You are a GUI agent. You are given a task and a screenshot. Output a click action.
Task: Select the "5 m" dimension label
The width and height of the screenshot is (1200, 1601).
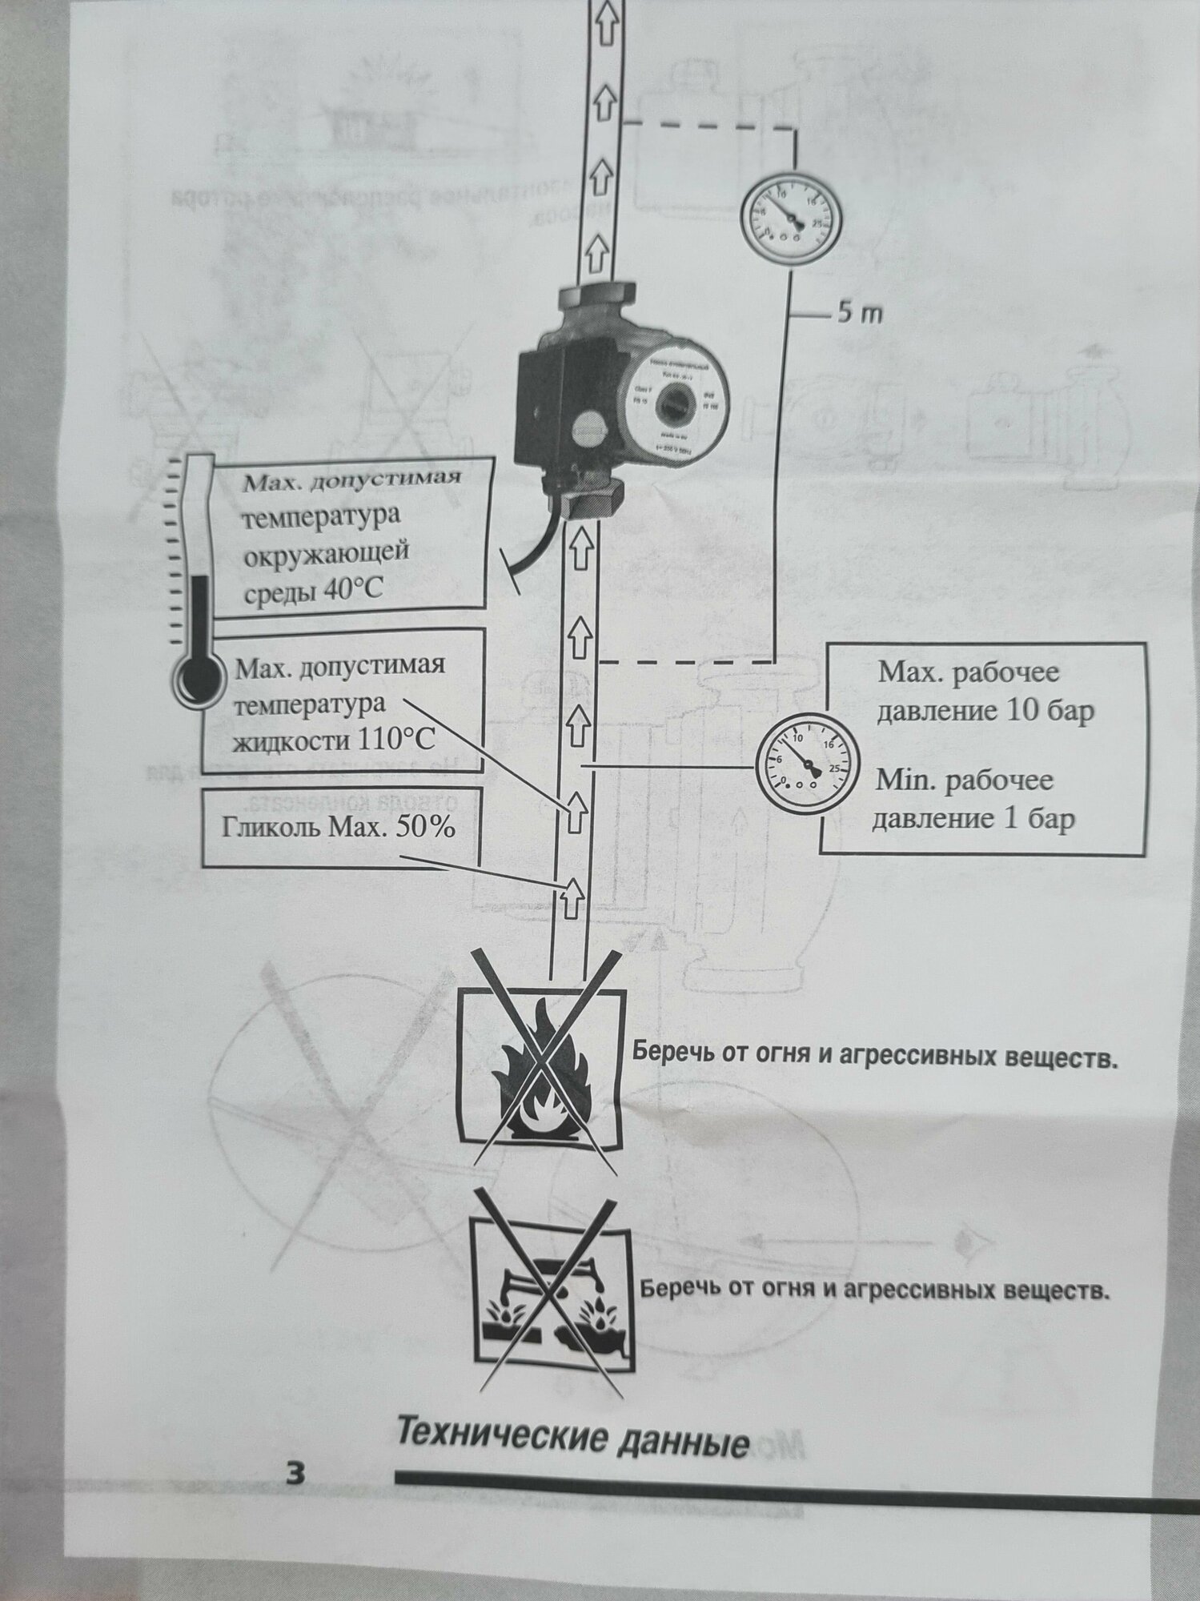pyautogui.click(x=860, y=314)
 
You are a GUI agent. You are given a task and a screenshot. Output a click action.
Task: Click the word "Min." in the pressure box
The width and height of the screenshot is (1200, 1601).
pyautogui.click(x=905, y=779)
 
